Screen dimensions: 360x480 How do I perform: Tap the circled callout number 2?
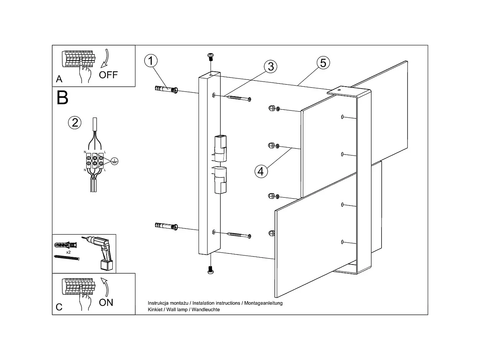75,123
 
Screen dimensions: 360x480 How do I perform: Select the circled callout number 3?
271,66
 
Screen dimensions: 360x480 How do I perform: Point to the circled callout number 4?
261,171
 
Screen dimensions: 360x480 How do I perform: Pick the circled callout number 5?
323,62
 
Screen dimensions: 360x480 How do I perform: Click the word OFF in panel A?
108,75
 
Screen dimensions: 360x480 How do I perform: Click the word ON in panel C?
106,302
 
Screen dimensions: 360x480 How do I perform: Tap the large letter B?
62,98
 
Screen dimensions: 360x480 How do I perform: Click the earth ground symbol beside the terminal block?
113,161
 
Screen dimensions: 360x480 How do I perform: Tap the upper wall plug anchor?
166,90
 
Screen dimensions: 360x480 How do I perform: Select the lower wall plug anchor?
166,226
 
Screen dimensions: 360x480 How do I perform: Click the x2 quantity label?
68,252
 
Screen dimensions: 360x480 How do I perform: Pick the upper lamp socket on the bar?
220,149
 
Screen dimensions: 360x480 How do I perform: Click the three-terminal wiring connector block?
95,160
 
